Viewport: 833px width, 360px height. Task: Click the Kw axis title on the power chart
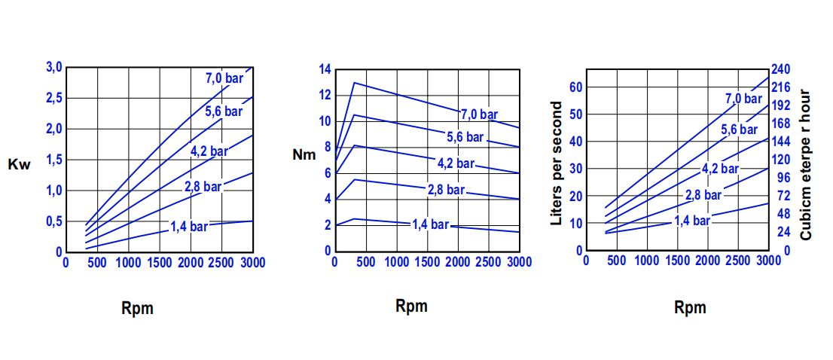[x=19, y=165]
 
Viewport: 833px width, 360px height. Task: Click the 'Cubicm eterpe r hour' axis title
[x=805, y=164]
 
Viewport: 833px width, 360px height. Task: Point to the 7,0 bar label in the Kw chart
[x=224, y=78]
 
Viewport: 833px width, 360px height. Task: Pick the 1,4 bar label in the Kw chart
[x=188, y=226]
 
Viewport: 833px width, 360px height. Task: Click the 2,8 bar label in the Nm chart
[x=446, y=190]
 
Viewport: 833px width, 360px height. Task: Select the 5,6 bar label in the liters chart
[x=739, y=130]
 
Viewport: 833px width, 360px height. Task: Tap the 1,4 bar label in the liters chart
[x=692, y=221]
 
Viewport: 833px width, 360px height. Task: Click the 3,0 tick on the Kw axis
[x=53, y=68]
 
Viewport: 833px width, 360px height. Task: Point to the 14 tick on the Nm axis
[x=325, y=69]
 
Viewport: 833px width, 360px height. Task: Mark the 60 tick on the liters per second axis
[x=576, y=87]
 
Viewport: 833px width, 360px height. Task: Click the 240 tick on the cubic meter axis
[x=781, y=69]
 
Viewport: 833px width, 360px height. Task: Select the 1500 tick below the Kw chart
[x=159, y=262]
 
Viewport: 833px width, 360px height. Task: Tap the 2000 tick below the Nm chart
[x=459, y=262]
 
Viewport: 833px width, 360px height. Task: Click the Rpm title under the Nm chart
[x=411, y=306]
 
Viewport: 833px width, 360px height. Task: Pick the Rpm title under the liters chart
[x=691, y=307]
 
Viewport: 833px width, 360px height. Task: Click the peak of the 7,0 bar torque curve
[x=354, y=83]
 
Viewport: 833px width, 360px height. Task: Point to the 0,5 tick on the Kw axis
[x=53, y=221]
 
